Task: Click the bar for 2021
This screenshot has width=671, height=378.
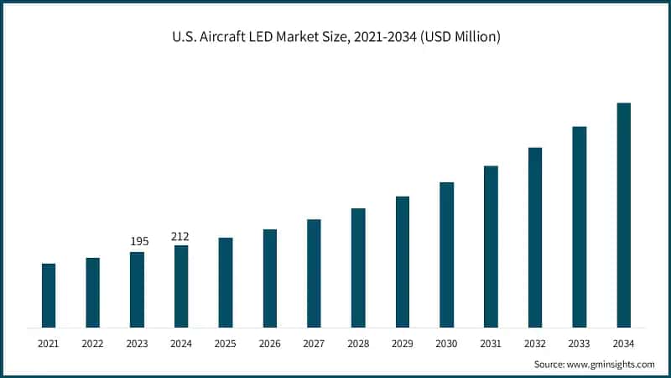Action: [49, 296]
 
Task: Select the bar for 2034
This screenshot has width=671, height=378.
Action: [623, 215]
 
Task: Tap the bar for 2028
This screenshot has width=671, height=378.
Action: [358, 268]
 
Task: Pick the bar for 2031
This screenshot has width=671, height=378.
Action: [491, 247]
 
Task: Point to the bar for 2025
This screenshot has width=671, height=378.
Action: [226, 282]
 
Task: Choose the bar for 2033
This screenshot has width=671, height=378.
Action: [580, 227]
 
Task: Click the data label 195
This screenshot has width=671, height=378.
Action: [139, 242]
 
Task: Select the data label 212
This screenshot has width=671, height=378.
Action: [181, 236]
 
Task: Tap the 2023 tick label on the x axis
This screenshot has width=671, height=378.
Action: [137, 344]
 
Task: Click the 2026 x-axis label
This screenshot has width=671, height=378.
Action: [269, 344]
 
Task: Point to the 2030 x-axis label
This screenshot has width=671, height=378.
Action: [446, 344]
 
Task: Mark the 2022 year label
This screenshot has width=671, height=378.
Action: [92, 344]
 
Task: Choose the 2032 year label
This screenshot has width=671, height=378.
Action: [535, 344]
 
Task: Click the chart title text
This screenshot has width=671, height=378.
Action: [335, 37]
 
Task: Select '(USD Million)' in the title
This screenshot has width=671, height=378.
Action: [459, 37]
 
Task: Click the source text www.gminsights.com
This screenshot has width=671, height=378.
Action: [611, 365]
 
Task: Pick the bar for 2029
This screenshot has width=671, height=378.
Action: [403, 262]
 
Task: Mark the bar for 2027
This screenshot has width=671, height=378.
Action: [314, 273]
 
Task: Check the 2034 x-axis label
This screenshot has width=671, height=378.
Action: [623, 344]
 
